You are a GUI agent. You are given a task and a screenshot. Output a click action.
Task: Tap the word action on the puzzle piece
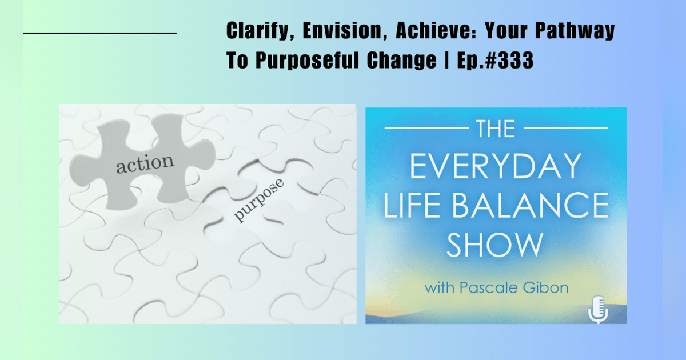pyautogui.click(x=145, y=163)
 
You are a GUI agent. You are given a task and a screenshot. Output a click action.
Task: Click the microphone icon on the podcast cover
pyautogui.click(x=597, y=309)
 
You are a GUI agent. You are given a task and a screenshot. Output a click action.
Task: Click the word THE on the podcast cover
pyautogui.click(x=495, y=129)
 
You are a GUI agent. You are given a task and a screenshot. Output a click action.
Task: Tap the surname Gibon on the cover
pyautogui.click(x=545, y=287)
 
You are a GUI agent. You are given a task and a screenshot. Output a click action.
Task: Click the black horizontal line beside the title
pyautogui.click(x=99, y=33)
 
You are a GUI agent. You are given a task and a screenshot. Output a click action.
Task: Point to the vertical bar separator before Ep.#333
pyautogui.click(x=444, y=61)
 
